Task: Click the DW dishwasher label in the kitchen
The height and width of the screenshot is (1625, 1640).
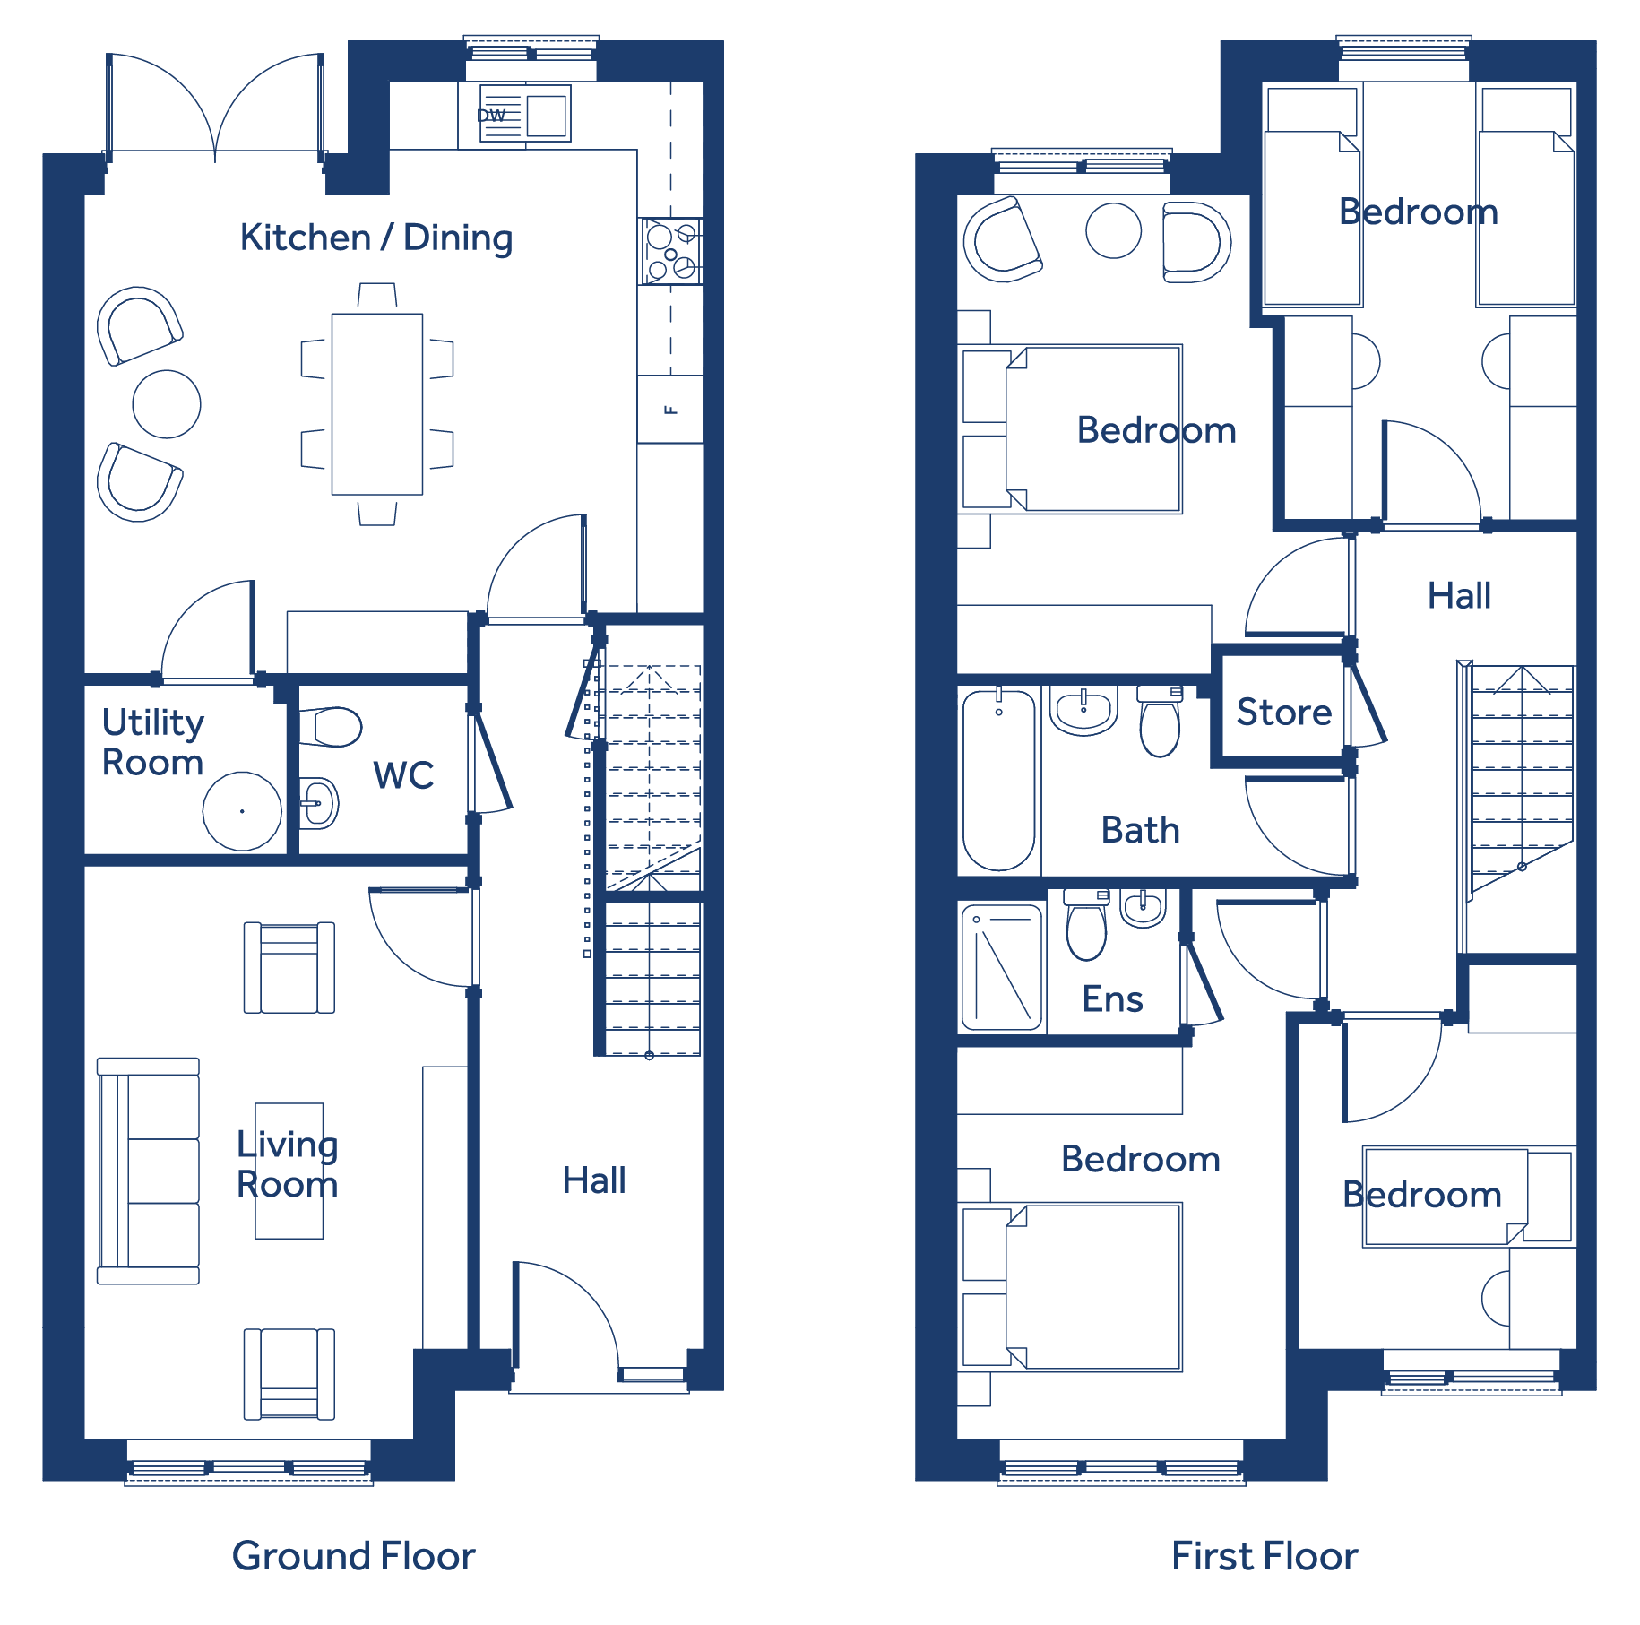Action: [491, 116]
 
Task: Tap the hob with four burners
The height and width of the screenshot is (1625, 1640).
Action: [670, 252]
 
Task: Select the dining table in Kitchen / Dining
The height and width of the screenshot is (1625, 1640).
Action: [377, 404]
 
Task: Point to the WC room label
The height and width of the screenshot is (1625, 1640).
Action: [403, 775]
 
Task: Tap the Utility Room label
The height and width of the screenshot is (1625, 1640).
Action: [153, 742]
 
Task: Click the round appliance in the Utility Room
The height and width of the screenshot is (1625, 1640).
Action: [242, 811]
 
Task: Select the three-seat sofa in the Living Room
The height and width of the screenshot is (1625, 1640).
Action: [148, 1171]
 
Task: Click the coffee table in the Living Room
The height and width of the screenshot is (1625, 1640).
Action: [289, 1171]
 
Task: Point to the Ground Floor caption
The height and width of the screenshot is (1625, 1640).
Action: [353, 1556]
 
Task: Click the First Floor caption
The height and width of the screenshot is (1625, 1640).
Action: [1265, 1556]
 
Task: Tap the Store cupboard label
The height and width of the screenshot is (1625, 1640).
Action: [1284, 713]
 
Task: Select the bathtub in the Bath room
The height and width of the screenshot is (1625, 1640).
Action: [999, 780]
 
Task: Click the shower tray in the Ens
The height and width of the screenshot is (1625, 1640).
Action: [1002, 967]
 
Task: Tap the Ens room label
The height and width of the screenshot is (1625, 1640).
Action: [1112, 999]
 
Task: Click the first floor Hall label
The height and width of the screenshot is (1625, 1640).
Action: [1459, 596]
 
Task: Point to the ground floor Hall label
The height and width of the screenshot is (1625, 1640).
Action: [594, 1180]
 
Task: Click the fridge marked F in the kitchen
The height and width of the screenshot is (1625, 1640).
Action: [670, 410]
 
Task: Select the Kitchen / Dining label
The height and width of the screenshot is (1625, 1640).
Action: [376, 238]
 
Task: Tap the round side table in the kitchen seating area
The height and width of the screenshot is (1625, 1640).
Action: [167, 404]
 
